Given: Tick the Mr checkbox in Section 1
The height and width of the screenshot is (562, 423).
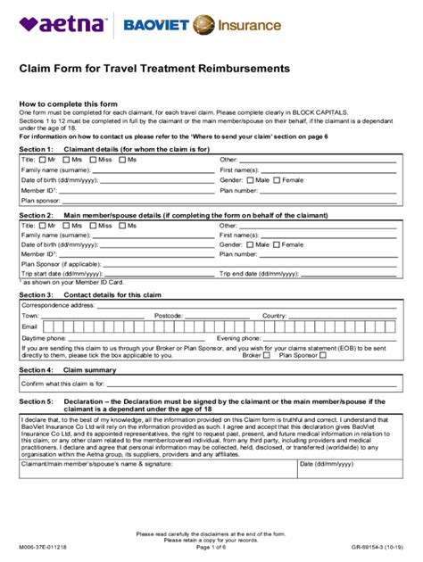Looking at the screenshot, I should click(x=41, y=159).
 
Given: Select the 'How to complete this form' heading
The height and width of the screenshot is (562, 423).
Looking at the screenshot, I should click(x=67, y=103).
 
